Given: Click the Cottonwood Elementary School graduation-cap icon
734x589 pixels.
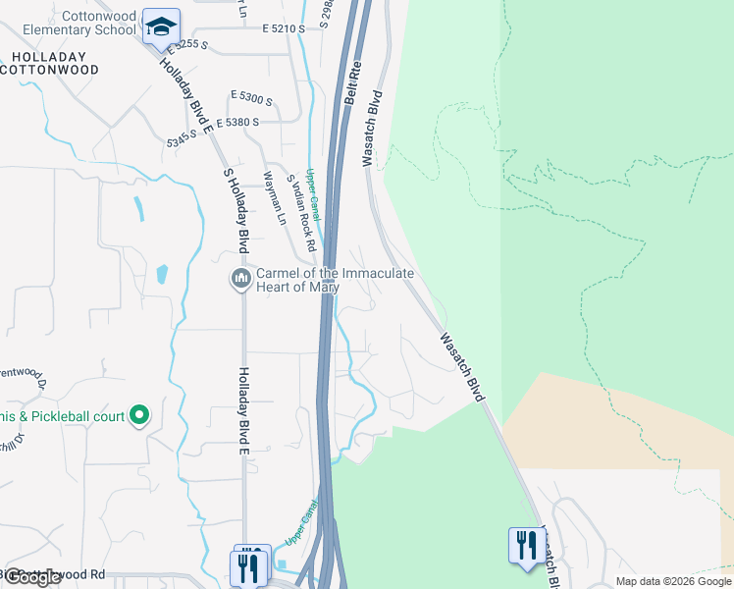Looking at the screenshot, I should tap(161, 27).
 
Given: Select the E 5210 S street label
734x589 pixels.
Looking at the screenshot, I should tap(284, 30).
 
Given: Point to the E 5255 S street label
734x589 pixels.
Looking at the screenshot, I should tap(188, 45).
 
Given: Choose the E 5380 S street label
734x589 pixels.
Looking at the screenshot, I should tap(236, 122).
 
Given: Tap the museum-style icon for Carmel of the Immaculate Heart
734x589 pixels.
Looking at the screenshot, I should tap(240, 280).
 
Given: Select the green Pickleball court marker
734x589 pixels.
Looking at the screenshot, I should tap(139, 415).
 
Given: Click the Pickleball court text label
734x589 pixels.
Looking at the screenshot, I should tap(79, 416).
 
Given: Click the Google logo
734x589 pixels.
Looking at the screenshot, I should tap(32, 577).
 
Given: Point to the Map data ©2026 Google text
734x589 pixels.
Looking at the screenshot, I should tap(673, 581).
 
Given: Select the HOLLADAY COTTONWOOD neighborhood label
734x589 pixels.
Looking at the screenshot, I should tap(50, 64).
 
